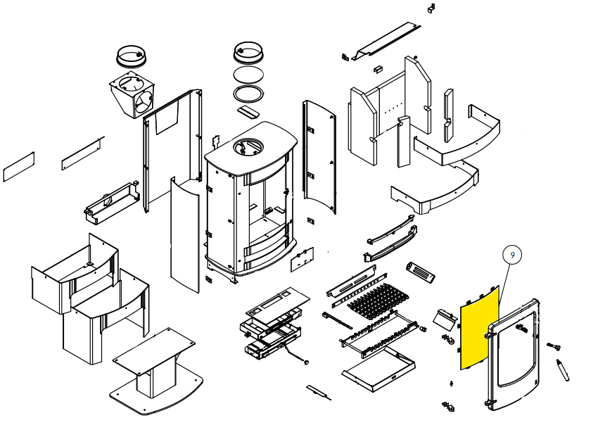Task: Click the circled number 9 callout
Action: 512,255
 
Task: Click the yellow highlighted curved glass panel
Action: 479,328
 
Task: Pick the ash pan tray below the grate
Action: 378,369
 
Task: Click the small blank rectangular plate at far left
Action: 19,167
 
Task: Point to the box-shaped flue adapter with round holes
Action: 132,95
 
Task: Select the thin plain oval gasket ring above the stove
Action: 248,66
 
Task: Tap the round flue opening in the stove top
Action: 248,147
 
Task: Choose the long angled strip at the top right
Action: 386,41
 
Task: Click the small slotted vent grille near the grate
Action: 421,272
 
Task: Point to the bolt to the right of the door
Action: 554,346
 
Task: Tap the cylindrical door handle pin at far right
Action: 563,370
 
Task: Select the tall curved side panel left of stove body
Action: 185,234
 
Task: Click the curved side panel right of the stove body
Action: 319,157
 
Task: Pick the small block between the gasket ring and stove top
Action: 248,111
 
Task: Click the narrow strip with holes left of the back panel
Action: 83,153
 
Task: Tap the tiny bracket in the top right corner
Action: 431,8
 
